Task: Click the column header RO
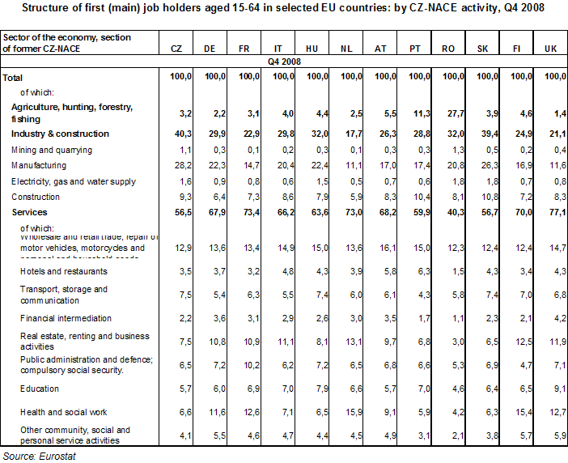point(447,49)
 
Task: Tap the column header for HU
point(312,49)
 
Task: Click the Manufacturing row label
point(40,166)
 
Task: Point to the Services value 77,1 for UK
point(553,212)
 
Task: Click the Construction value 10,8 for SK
point(482,197)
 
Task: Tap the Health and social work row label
point(64,412)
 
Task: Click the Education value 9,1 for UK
point(555,389)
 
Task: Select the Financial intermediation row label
point(66,318)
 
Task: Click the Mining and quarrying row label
point(51,150)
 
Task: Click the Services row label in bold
point(30,212)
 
